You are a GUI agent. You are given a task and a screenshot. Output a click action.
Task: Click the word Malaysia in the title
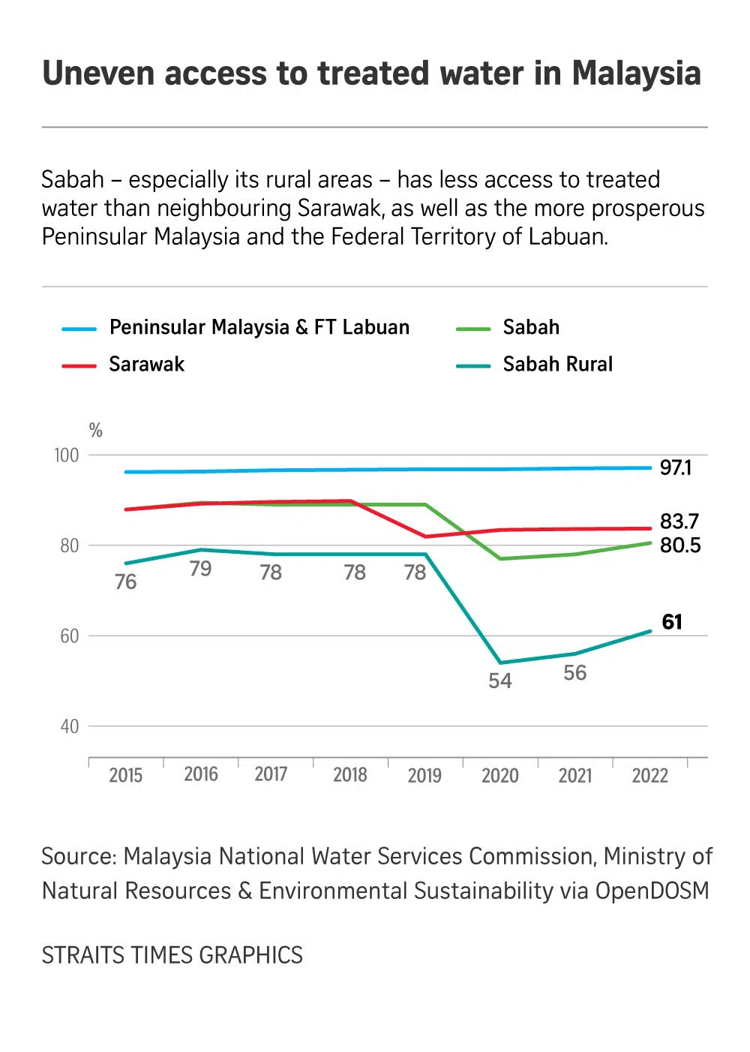tap(636, 74)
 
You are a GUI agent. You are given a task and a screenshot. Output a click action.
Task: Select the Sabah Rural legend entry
tap(557, 365)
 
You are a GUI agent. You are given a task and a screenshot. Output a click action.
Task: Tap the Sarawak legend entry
tap(146, 365)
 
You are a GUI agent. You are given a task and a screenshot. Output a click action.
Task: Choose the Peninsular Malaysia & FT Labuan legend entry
tap(259, 327)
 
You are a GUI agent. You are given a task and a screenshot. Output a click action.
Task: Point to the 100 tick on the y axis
tap(67, 455)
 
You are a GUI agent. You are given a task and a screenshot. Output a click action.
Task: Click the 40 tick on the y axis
tap(70, 726)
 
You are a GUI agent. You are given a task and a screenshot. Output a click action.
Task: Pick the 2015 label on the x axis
tap(125, 775)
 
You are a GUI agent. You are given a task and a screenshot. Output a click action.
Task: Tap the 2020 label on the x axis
tap(499, 775)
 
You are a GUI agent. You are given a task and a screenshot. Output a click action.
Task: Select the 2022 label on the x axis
tap(649, 775)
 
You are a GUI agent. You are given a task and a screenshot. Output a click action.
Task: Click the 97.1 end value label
tap(676, 467)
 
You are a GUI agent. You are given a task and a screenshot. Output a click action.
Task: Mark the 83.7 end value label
tap(679, 521)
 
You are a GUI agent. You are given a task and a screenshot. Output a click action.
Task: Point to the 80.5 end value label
tap(680, 546)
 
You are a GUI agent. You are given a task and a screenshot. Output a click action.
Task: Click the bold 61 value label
tap(672, 622)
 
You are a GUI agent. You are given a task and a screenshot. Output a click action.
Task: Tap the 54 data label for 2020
tap(500, 681)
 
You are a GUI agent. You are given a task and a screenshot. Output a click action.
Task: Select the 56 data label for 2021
tap(575, 672)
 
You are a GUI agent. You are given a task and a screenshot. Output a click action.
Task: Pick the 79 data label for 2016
tap(200, 569)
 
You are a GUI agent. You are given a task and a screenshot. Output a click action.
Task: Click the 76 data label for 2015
tap(126, 582)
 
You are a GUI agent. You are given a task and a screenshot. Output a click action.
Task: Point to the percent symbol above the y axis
tap(95, 430)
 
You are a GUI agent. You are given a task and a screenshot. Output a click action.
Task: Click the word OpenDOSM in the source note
tap(652, 891)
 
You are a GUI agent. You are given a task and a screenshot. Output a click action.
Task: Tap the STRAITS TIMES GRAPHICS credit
tap(172, 955)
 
